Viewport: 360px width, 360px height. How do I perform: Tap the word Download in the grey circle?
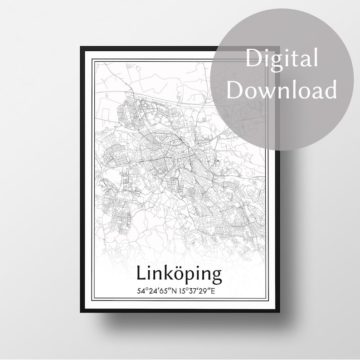click(282, 90)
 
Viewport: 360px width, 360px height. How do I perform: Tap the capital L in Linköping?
click(141, 273)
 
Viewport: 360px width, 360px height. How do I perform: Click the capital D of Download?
click(234, 90)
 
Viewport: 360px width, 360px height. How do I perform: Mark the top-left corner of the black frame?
click(81, 47)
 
